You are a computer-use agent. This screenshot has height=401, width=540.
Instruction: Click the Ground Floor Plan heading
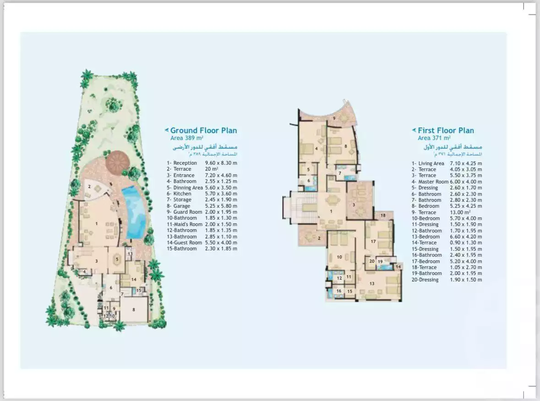click(203, 130)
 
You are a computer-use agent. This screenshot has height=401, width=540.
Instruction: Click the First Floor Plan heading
click(446, 130)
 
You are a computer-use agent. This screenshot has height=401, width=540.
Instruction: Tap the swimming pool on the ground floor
click(136, 211)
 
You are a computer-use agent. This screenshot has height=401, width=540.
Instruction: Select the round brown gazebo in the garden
click(118, 161)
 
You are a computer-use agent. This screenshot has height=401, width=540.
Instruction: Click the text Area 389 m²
click(187, 138)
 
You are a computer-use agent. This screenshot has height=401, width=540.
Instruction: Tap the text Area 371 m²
click(434, 138)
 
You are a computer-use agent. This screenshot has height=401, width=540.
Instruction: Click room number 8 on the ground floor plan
click(134, 309)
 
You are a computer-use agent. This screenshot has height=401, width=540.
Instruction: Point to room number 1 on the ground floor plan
click(97, 223)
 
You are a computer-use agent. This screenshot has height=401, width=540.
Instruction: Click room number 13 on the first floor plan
click(372, 284)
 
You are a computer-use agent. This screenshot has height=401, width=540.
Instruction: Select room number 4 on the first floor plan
click(316, 148)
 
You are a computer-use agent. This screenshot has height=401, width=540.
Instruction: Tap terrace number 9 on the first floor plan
click(334, 119)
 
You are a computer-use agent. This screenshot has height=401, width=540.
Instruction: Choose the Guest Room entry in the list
click(185, 243)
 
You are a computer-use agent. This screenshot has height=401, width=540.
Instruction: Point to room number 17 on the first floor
click(373, 241)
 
